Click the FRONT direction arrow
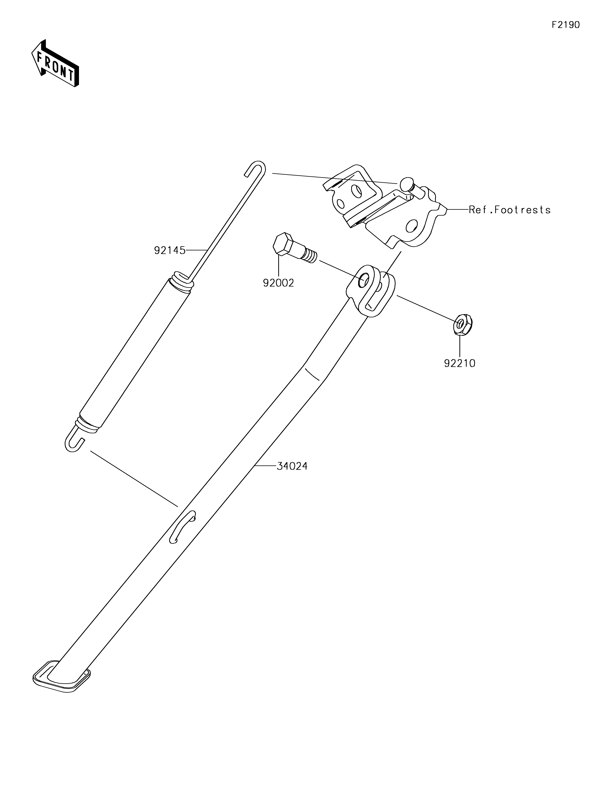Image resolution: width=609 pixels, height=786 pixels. tap(55, 63)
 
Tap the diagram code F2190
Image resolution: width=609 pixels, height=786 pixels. tap(566, 25)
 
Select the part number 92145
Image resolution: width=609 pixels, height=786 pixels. tap(170, 250)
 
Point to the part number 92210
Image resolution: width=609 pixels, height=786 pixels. tap(460, 364)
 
